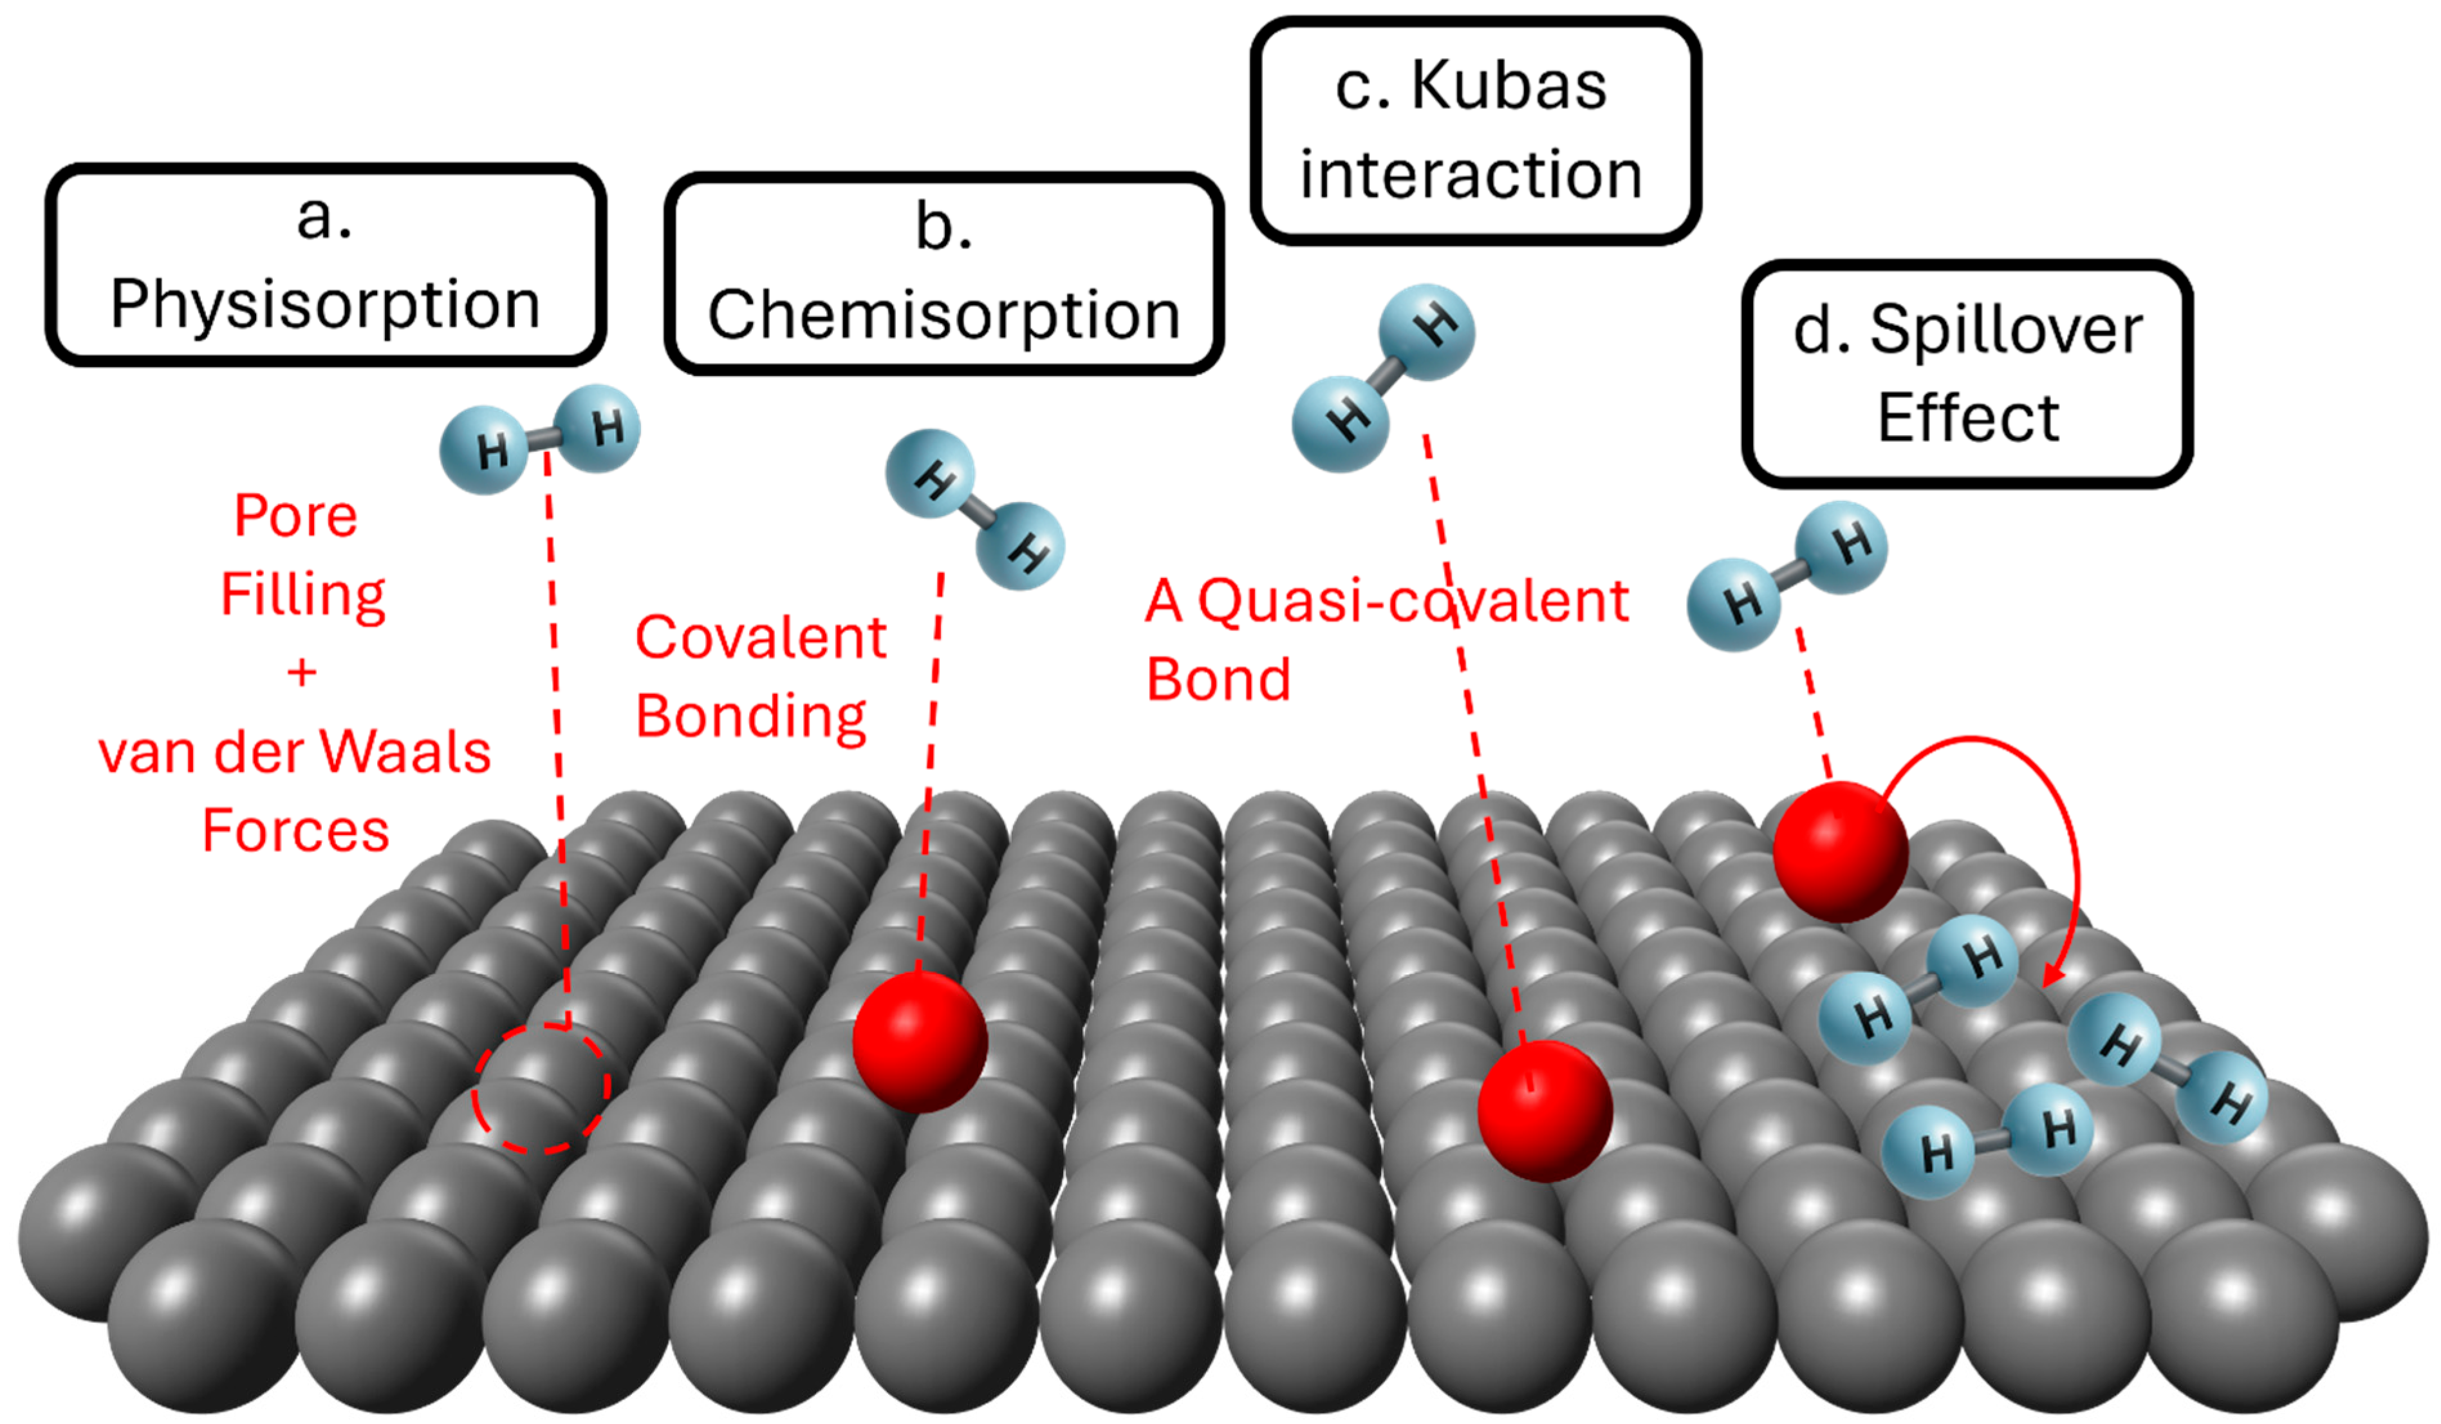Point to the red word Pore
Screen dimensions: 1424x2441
(295, 516)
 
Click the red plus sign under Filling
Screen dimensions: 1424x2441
(301, 672)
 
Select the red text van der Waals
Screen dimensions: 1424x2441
(295, 753)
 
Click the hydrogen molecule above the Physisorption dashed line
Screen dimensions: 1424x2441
(539, 441)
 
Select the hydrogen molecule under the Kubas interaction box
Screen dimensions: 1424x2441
(1383, 378)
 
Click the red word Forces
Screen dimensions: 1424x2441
(295, 831)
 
